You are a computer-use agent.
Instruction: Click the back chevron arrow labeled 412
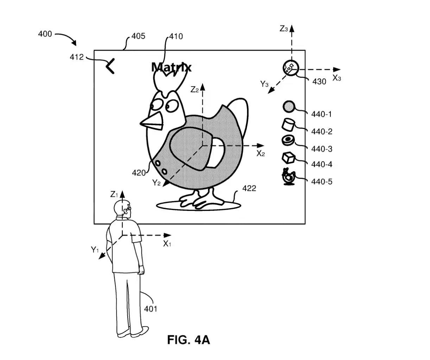(x=110, y=66)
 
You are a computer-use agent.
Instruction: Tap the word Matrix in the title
(x=171, y=67)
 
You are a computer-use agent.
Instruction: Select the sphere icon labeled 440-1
(x=289, y=107)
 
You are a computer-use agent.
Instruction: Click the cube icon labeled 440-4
(x=288, y=158)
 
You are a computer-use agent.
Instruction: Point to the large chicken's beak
(x=153, y=121)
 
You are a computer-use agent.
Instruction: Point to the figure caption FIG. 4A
(x=189, y=340)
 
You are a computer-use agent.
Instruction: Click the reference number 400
(x=45, y=34)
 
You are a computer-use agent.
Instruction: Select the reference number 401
(x=151, y=309)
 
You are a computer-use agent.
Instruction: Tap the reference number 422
(x=249, y=188)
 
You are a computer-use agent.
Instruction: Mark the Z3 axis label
(x=284, y=29)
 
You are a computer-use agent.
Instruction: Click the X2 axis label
(x=261, y=154)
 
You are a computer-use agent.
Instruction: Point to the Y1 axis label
(x=95, y=250)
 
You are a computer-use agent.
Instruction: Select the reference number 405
(x=138, y=36)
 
